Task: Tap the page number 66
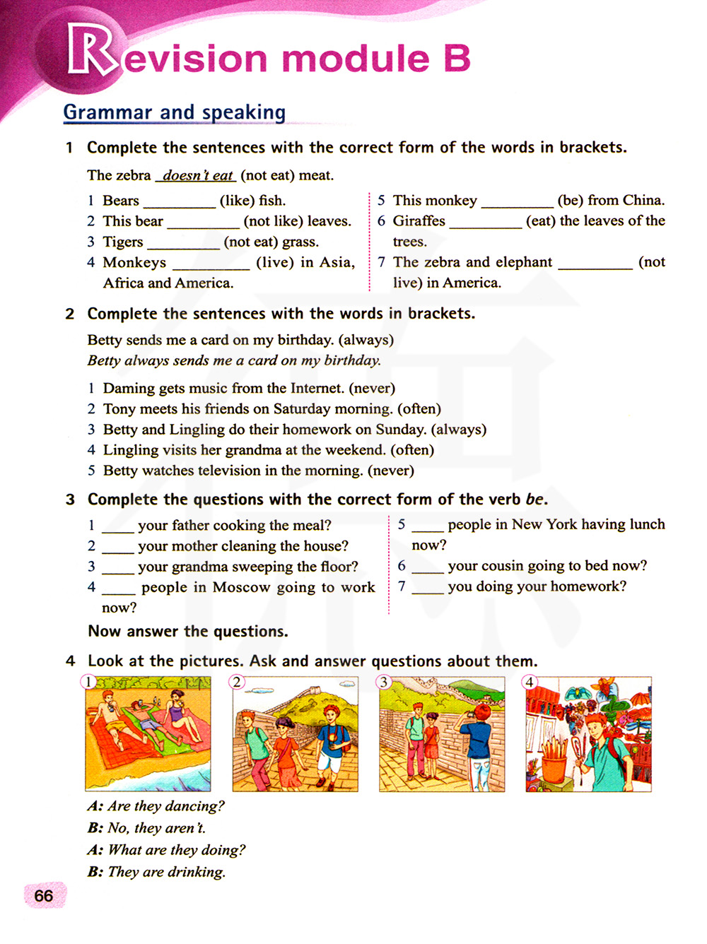click(44, 896)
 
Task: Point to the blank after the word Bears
click(179, 202)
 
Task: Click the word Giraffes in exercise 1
click(419, 220)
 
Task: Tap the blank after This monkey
click(517, 202)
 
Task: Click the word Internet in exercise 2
click(316, 388)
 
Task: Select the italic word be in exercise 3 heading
click(534, 500)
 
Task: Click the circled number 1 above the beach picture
click(88, 681)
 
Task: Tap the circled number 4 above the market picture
click(530, 682)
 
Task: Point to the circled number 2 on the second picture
click(237, 682)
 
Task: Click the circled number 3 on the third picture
click(383, 682)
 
